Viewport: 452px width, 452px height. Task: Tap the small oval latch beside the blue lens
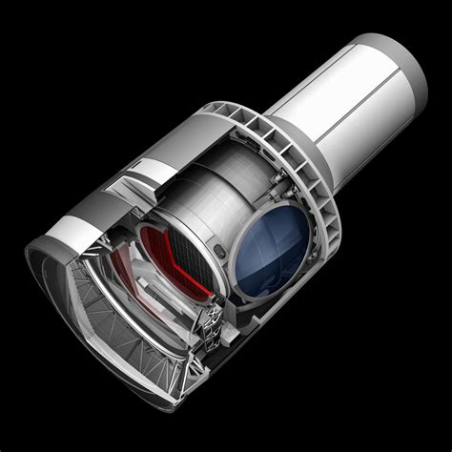coord(221,256)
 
